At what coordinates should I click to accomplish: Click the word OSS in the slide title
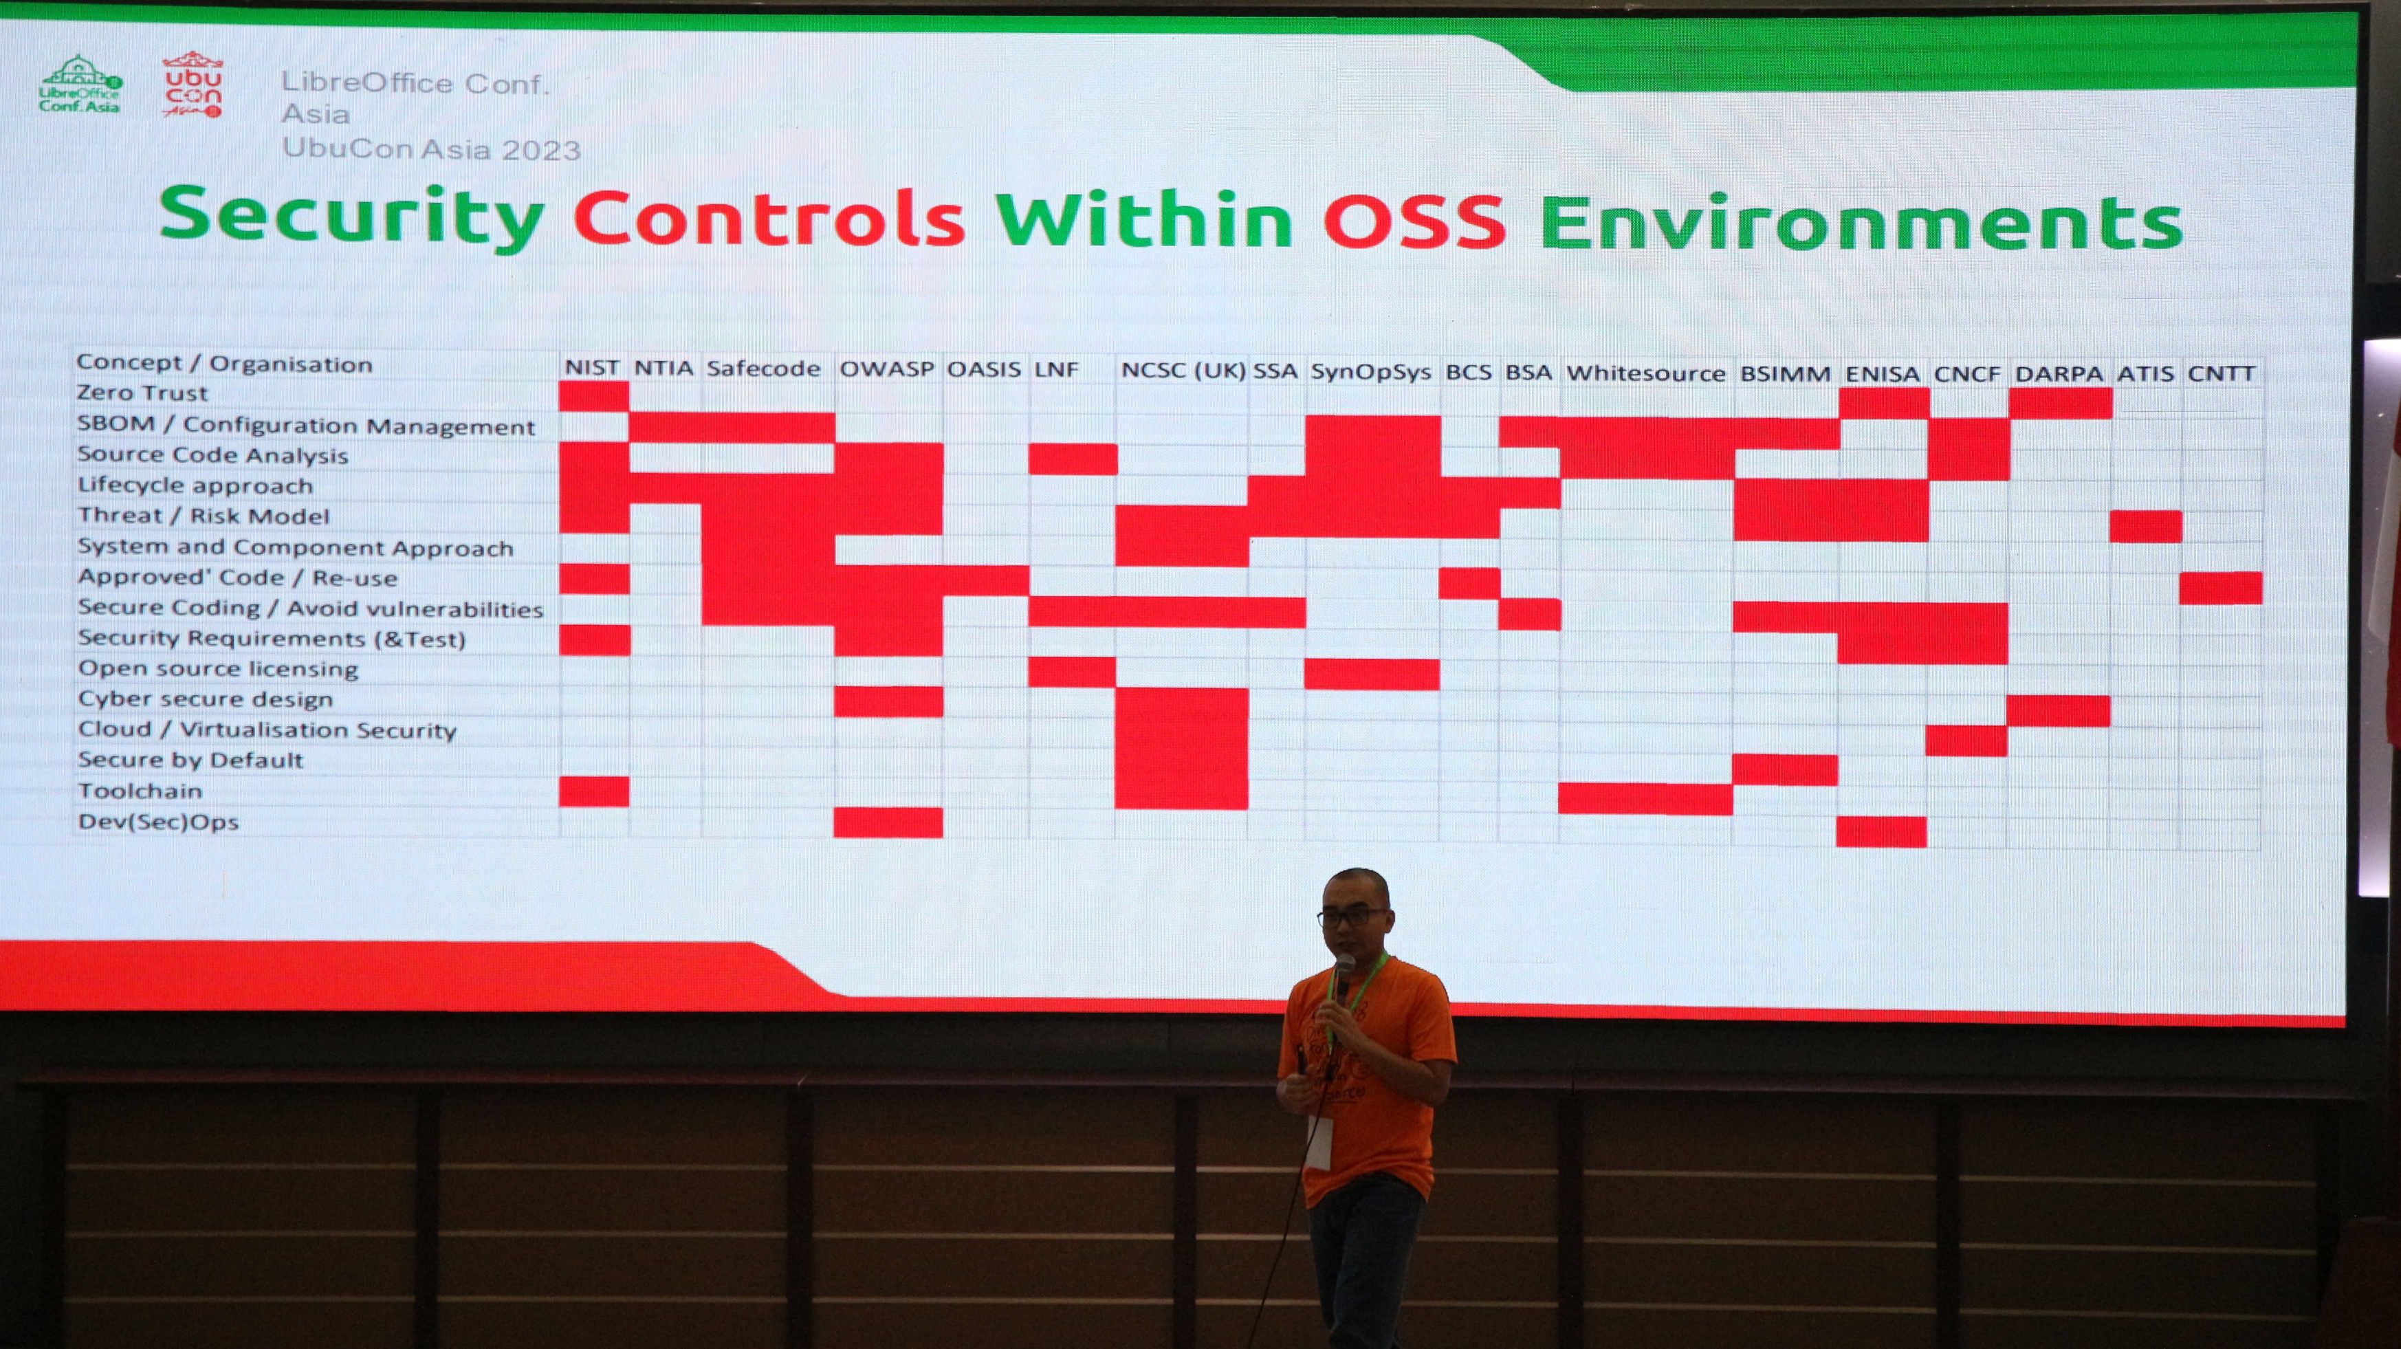click(x=1414, y=220)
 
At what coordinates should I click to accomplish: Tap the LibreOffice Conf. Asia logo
click(x=80, y=84)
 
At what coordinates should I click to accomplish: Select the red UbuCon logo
click(x=193, y=84)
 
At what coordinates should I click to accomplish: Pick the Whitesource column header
click(x=1645, y=373)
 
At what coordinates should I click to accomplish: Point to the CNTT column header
click(x=2221, y=374)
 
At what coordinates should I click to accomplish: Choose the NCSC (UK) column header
click(x=1183, y=370)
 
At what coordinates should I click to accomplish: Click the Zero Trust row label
click(x=142, y=393)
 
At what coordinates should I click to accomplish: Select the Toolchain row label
click(x=140, y=791)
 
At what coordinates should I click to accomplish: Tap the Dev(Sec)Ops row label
click(x=158, y=822)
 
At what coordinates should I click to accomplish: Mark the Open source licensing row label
click(x=218, y=668)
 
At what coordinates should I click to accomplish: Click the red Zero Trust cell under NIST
click(x=595, y=396)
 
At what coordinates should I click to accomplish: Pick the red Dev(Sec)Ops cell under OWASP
click(x=888, y=822)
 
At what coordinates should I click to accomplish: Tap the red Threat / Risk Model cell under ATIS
click(x=2146, y=527)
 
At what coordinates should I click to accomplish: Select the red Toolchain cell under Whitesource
click(x=1645, y=799)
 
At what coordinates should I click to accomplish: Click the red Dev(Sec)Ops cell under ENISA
click(x=1881, y=831)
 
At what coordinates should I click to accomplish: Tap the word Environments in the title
click(x=1861, y=223)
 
